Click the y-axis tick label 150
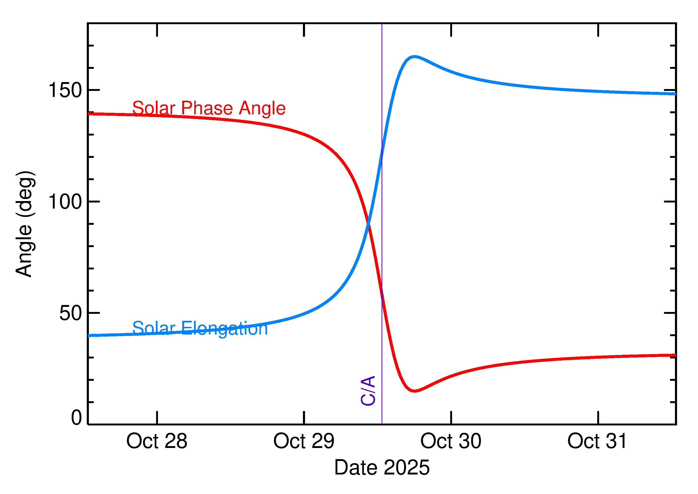pyautogui.click(x=65, y=90)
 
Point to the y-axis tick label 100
pyautogui.click(x=65, y=202)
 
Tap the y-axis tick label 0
pyautogui.click(x=76, y=418)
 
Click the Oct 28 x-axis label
pyautogui.click(x=157, y=441)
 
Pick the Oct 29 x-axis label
pyautogui.click(x=304, y=441)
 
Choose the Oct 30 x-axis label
pyautogui.click(x=451, y=441)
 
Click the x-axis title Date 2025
pyautogui.click(x=382, y=467)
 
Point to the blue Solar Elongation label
pyautogui.click(x=200, y=328)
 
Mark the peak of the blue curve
pyautogui.click(x=414, y=56)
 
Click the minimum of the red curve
pyautogui.click(x=414, y=391)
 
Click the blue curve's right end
pyautogui.click(x=675, y=94)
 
